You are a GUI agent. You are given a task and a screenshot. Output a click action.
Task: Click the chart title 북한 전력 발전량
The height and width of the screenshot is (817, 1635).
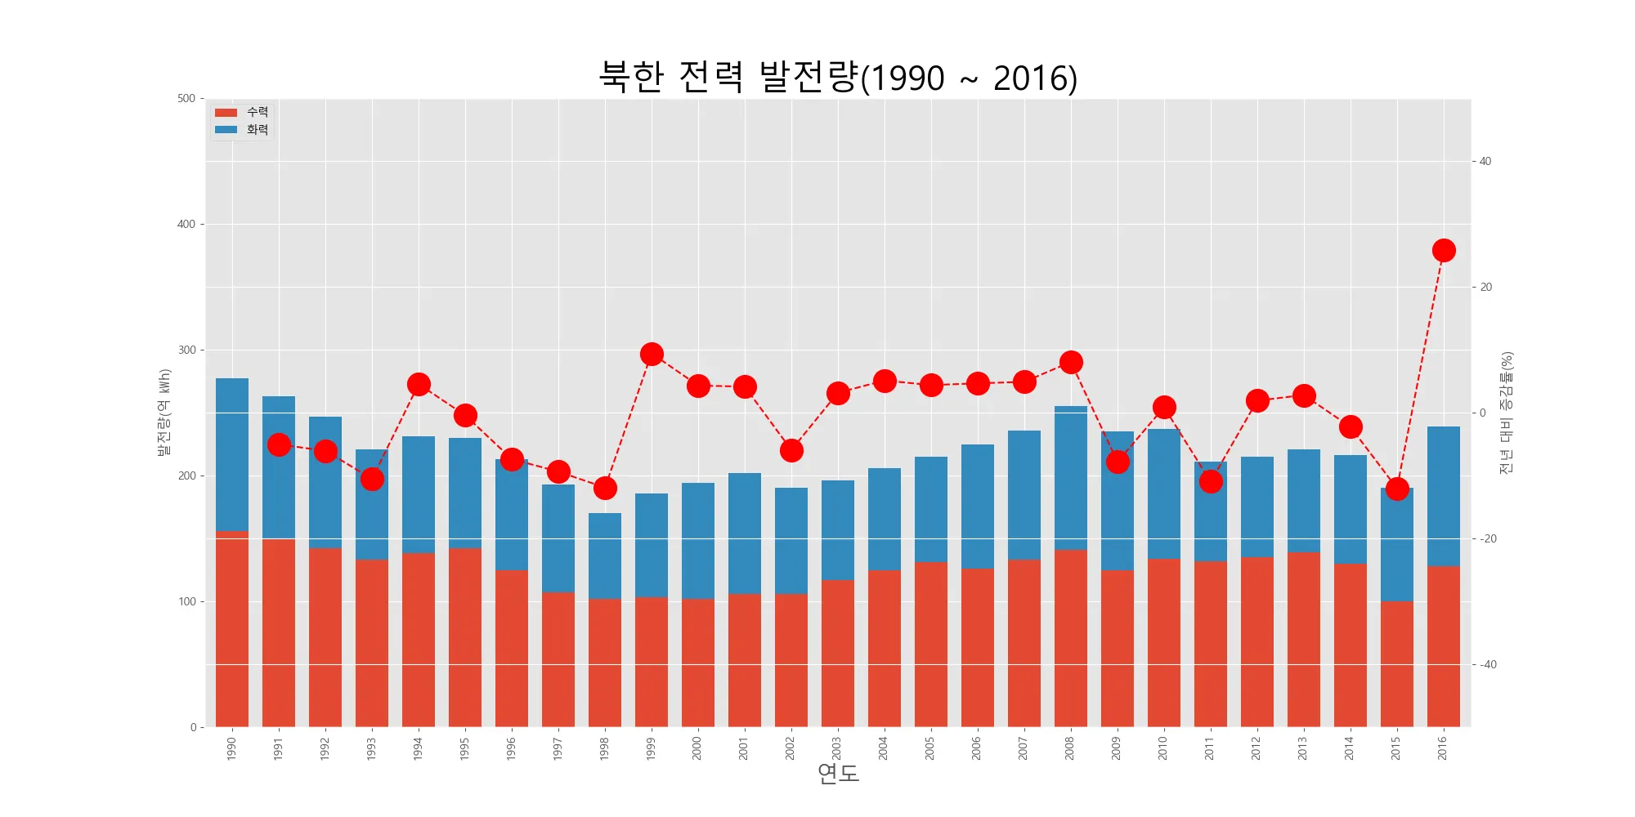click(838, 78)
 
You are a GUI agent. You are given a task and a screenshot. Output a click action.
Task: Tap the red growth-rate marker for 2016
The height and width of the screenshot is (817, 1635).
click(1444, 251)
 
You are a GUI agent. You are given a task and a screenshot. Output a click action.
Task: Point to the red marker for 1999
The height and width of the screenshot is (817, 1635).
click(652, 354)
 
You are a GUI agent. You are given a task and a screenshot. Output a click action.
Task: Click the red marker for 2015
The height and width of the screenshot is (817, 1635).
click(1397, 489)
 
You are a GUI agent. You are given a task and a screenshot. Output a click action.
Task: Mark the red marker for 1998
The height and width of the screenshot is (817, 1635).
click(605, 488)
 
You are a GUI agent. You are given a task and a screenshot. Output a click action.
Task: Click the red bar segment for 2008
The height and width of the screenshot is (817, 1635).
click(1071, 637)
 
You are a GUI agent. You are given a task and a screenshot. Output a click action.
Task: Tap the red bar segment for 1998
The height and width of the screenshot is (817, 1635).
click(605, 662)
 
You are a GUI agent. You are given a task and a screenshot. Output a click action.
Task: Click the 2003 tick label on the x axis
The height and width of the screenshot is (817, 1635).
click(836, 748)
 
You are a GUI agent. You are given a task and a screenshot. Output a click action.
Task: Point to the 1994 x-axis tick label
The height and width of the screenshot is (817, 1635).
click(418, 748)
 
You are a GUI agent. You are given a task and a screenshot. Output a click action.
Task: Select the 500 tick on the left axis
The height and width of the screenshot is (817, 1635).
click(186, 99)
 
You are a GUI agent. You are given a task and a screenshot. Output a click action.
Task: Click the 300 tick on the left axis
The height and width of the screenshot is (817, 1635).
click(186, 350)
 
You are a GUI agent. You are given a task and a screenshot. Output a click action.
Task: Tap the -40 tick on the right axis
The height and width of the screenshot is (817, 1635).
click(1489, 664)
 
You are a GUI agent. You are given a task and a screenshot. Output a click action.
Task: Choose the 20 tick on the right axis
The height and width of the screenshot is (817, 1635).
click(1486, 287)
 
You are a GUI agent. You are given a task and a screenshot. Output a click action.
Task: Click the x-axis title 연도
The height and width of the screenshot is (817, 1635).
click(838, 773)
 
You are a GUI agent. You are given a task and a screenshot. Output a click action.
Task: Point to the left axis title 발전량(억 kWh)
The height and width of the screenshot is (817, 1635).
click(164, 413)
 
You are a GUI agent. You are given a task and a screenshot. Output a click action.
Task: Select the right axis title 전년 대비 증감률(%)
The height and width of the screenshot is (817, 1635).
click(1507, 413)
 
